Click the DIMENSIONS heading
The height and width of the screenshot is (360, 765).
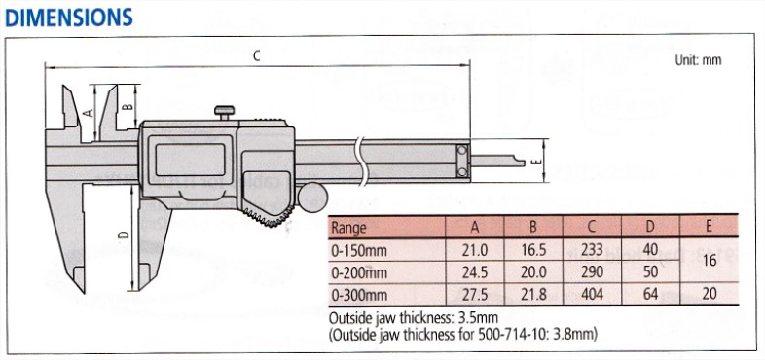(x=69, y=18)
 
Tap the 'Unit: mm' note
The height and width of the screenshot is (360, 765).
(x=698, y=60)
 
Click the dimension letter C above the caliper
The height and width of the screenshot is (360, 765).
(x=257, y=56)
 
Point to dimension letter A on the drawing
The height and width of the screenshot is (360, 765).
(x=88, y=113)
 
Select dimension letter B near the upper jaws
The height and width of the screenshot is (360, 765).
(x=127, y=107)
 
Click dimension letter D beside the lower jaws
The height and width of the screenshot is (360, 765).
(x=124, y=234)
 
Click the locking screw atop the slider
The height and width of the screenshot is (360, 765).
(x=224, y=113)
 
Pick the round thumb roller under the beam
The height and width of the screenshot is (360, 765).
(x=312, y=198)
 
